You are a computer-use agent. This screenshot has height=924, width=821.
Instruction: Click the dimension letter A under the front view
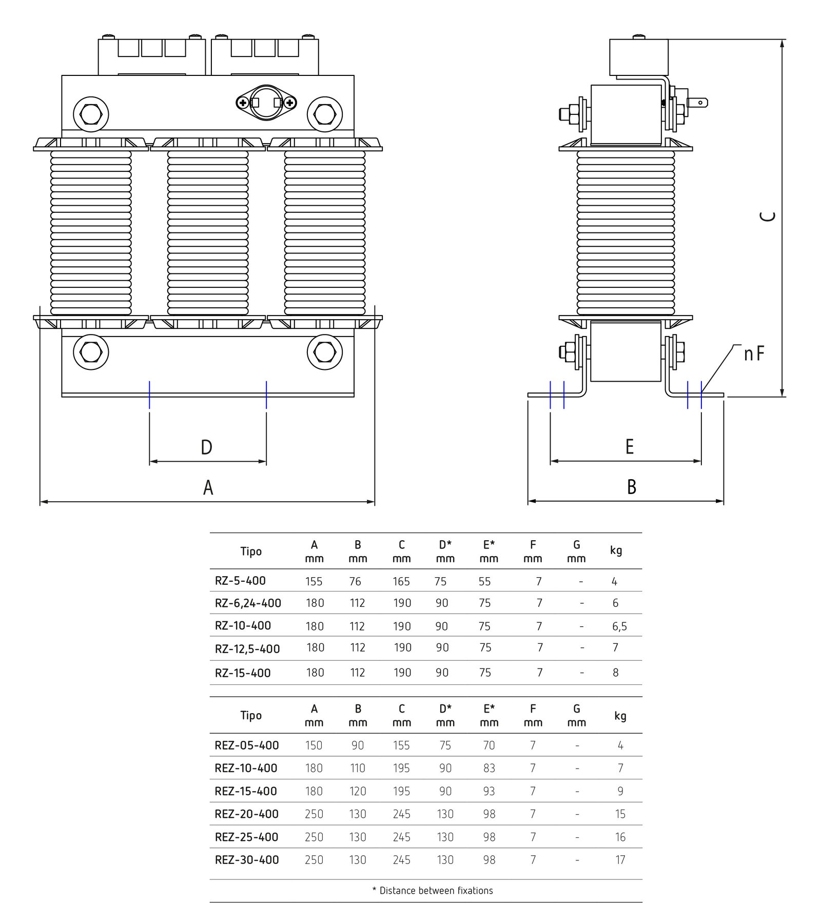click(208, 487)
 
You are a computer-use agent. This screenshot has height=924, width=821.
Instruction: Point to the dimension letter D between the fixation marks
click(206, 447)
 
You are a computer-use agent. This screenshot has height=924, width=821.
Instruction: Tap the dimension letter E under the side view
click(630, 447)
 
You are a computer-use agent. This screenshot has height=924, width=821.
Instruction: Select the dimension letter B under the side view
click(632, 487)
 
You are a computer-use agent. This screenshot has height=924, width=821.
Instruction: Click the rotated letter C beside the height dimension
click(767, 217)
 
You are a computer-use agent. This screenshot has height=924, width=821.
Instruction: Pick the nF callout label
click(754, 353)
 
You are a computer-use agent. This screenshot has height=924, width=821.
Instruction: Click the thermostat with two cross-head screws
click(267, 103)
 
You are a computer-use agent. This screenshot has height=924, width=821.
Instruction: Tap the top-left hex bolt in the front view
click(91, 113)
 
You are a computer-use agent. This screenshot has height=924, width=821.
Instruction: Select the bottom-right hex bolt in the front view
click(324, 352)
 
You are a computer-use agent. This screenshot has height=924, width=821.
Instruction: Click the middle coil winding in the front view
click(208, 233)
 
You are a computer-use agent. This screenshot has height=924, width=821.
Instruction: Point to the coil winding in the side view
click(625, 233)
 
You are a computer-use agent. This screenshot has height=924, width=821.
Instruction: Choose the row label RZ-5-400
click(240, 581)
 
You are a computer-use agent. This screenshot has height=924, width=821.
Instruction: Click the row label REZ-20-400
click(247, 814)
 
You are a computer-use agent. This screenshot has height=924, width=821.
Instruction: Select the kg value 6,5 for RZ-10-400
click(619, 626)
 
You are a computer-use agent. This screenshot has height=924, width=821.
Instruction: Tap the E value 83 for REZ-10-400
click(489, 768)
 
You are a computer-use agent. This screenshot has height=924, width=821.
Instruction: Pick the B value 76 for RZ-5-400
click(355, 581)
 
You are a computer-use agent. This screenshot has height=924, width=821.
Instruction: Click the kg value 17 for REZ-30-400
click(620, 860)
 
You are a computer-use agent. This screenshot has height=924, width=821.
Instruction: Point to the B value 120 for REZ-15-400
click(358, 791)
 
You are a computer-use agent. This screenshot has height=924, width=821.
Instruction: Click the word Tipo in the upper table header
click(251, 552)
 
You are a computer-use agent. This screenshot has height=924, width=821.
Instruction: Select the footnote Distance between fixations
click(436, 891)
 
